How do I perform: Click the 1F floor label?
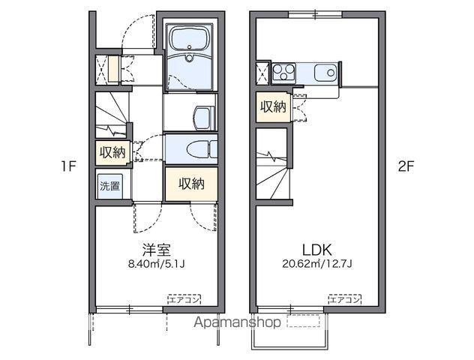68,166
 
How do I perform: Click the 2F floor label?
406,166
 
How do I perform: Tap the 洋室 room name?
156,250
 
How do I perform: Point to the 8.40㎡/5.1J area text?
156,264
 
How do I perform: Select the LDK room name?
317,250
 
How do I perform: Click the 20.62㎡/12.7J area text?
317,264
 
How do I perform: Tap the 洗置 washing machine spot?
109,187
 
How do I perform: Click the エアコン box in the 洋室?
184,299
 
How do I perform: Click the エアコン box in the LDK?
345,299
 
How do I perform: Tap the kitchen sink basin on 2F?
325,73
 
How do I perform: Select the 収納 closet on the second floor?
274,107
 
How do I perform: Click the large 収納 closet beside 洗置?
191,184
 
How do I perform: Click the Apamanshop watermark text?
237,322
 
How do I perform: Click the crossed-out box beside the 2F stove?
262,73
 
